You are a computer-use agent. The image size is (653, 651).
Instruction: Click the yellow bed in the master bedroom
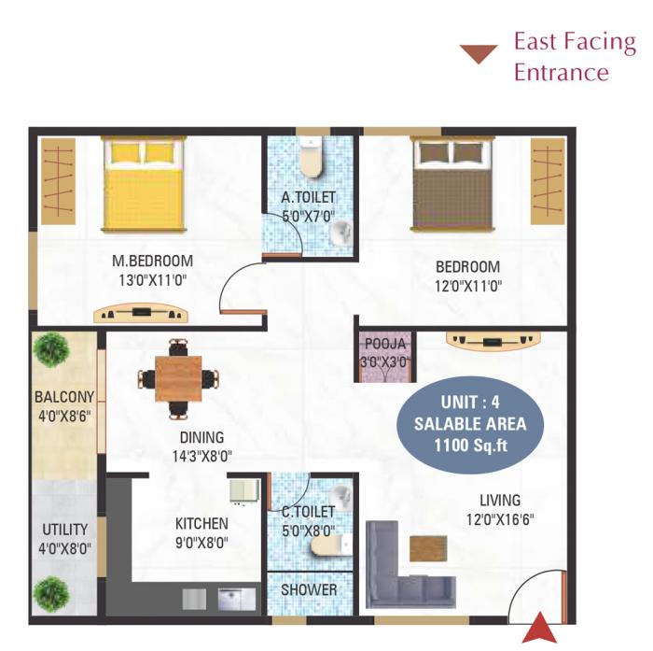[x=145, y=182]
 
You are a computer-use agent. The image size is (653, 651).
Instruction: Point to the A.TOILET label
[x=308, y=197]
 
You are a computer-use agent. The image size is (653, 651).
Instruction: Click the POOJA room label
[x=385, y=344]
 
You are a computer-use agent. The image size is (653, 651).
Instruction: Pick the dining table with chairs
[x=178, y=378]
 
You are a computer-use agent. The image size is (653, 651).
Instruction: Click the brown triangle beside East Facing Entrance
[x=479, y=54]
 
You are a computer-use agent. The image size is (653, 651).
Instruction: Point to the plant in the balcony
[x=51, y=349]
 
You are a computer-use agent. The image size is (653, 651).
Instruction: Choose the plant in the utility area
[x=51, y=593]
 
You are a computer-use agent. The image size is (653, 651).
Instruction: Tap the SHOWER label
[x=309, y=590]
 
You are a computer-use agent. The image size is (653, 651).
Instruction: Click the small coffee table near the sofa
[x=427, y=548]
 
